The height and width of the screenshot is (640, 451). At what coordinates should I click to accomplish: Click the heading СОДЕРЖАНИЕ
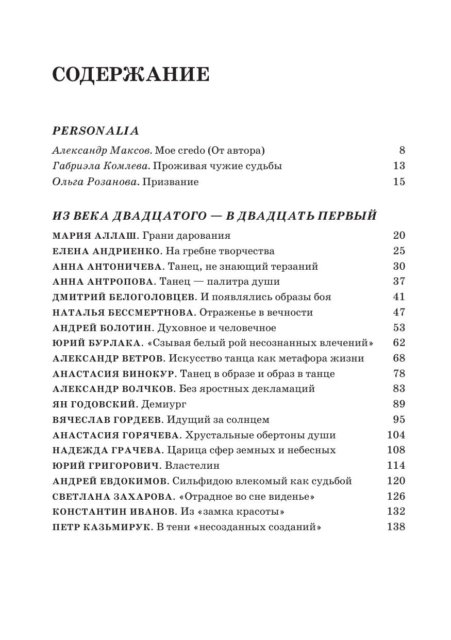click(x=131, y=75)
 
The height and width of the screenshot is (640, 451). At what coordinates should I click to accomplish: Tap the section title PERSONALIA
click(x=96, y=131)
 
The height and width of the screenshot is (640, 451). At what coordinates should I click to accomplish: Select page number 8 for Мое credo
click(x=402, y=151)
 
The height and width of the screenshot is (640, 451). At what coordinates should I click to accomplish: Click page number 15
click(x=398, y=182)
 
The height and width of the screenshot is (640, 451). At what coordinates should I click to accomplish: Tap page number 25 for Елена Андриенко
click(x=398, y=251)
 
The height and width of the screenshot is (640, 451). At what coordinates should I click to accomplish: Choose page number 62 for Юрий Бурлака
click(x=398, y=343)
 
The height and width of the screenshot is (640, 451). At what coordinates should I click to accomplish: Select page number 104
click(x=396, y=435)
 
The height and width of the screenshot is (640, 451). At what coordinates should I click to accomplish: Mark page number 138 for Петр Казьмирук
click(x=396, y=527)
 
